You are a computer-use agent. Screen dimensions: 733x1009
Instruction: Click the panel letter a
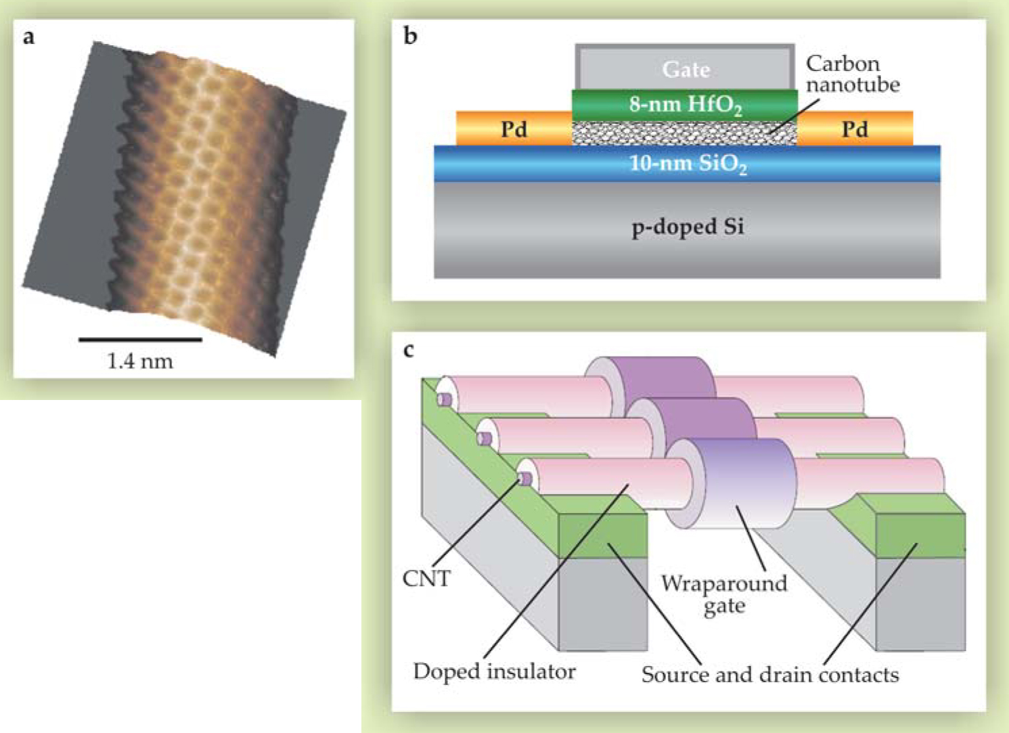(x=28, y=37)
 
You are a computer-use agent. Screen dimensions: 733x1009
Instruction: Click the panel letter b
(x=410, y=35)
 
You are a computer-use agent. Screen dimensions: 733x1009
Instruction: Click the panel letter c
(x=408, y=350)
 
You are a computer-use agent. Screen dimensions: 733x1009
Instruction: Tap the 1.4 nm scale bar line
(x=140, y=339)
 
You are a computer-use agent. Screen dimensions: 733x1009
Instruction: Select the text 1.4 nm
(x=140, y=361)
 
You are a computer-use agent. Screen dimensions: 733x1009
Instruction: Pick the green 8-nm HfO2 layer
(x=685, y=104)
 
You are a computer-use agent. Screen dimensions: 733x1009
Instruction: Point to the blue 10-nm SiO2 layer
(x=687, y=164)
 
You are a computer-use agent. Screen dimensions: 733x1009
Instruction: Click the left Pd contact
(x=514, y=129)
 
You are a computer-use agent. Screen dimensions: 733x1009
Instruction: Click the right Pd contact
(x=855, y=129)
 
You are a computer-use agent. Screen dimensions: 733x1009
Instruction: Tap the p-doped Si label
(x=688, y=227)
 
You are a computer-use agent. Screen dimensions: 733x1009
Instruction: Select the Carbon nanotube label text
(x=852, y=74)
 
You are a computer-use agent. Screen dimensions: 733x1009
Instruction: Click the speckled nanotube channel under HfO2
(x=683, y=133)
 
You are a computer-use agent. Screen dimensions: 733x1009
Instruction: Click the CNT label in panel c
(x=426, y=579)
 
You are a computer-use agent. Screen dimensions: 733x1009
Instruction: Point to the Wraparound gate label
(x=724, y=594)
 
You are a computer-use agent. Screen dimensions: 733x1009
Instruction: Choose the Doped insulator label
(x=494, y=671)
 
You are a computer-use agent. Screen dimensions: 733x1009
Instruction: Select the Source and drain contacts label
(x=770, y=675)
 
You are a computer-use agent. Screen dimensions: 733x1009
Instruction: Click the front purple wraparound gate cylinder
(x=741, y=482)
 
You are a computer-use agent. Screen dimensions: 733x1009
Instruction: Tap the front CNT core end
(x=524, y=479)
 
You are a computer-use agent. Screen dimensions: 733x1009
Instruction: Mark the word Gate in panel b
(x=686, y=69)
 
